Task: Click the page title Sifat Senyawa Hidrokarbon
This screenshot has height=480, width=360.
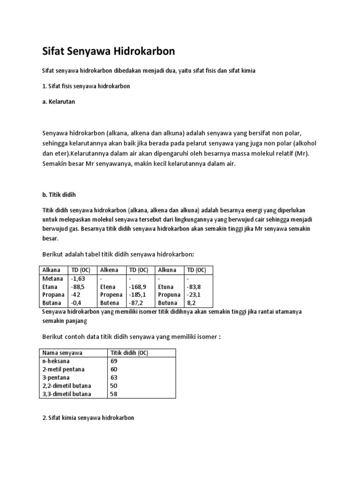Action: coord(108,52)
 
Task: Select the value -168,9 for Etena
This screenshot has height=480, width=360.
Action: coord(138,286)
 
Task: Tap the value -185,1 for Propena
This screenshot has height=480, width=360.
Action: coord(138,295)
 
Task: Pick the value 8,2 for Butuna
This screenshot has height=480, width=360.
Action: coord(192,303)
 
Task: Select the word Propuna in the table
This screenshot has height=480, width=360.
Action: coord(169,295)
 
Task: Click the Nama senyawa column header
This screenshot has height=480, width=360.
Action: coord(61,353)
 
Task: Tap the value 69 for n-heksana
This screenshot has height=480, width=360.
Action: coord(114,361)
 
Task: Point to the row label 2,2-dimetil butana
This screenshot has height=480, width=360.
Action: coord(67,386)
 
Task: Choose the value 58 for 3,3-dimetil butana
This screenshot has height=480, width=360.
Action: coord(114,394)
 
